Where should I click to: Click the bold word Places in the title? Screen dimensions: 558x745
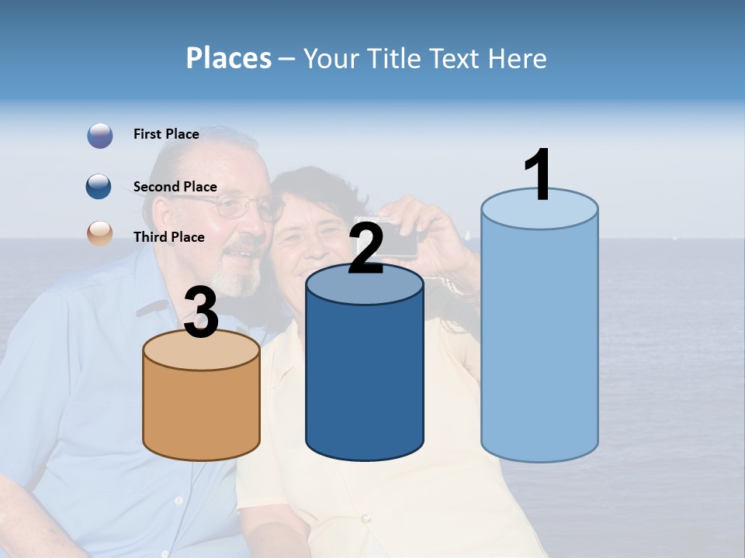[229, 58]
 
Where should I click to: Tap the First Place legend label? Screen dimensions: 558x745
[166, 134]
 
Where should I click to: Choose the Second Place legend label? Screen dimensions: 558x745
[175, 187]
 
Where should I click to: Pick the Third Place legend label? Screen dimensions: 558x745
[168, 237]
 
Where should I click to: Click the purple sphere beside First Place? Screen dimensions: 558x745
[100, 136]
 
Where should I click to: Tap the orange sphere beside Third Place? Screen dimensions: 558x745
[100, 233]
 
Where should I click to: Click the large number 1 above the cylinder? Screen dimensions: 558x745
[538, 175]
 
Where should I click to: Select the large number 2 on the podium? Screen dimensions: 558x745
[366, 250]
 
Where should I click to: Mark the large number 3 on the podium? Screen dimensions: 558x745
[202, 313]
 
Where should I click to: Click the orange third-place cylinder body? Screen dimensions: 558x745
[202, 411]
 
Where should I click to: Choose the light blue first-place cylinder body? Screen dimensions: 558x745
[539, 341]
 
